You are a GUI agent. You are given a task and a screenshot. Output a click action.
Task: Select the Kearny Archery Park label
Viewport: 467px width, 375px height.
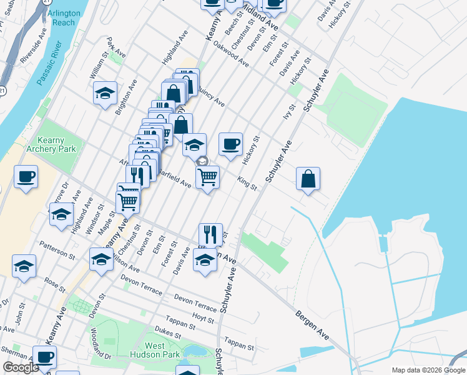[56, 145]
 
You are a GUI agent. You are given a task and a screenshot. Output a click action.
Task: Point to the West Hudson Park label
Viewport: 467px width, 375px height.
[155, 350]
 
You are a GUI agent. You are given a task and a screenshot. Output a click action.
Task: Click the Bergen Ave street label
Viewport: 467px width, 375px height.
[312, 327]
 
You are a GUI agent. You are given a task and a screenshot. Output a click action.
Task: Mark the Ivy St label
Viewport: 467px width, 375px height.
[288, 118]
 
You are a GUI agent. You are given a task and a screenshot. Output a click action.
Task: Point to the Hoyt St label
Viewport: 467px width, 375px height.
[204, 318]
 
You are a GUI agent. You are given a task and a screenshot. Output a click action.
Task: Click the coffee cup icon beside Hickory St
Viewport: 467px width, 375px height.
[230, 144]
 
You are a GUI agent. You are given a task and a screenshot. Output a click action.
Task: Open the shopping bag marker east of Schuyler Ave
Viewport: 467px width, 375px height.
[308, 179]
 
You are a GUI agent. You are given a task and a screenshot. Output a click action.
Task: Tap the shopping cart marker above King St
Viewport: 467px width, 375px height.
[207, 176]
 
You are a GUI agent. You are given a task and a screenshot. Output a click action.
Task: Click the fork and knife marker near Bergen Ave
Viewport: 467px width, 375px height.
[210, 234]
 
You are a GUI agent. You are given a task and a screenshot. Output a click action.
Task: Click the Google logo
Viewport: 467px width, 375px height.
[21, 367]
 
